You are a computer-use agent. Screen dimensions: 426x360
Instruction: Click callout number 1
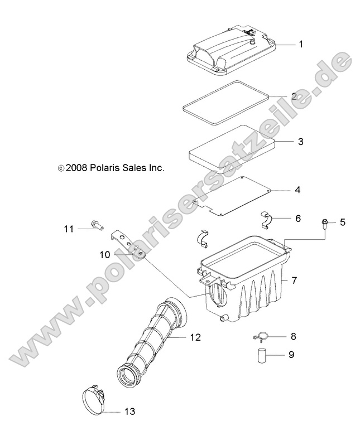(x=301, y=44)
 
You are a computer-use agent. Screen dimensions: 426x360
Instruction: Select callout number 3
(x=300, y=142)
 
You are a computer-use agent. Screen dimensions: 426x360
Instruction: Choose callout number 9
(x=291, y=354)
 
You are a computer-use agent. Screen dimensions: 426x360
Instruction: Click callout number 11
(x=84, y=229)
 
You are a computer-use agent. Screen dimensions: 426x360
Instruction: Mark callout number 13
(x=129, y=412)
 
